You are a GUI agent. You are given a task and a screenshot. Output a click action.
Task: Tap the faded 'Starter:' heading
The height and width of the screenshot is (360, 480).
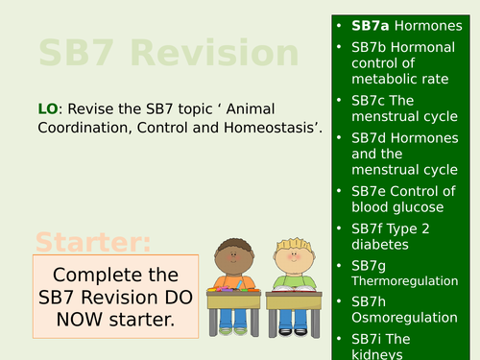click(93, 240)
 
